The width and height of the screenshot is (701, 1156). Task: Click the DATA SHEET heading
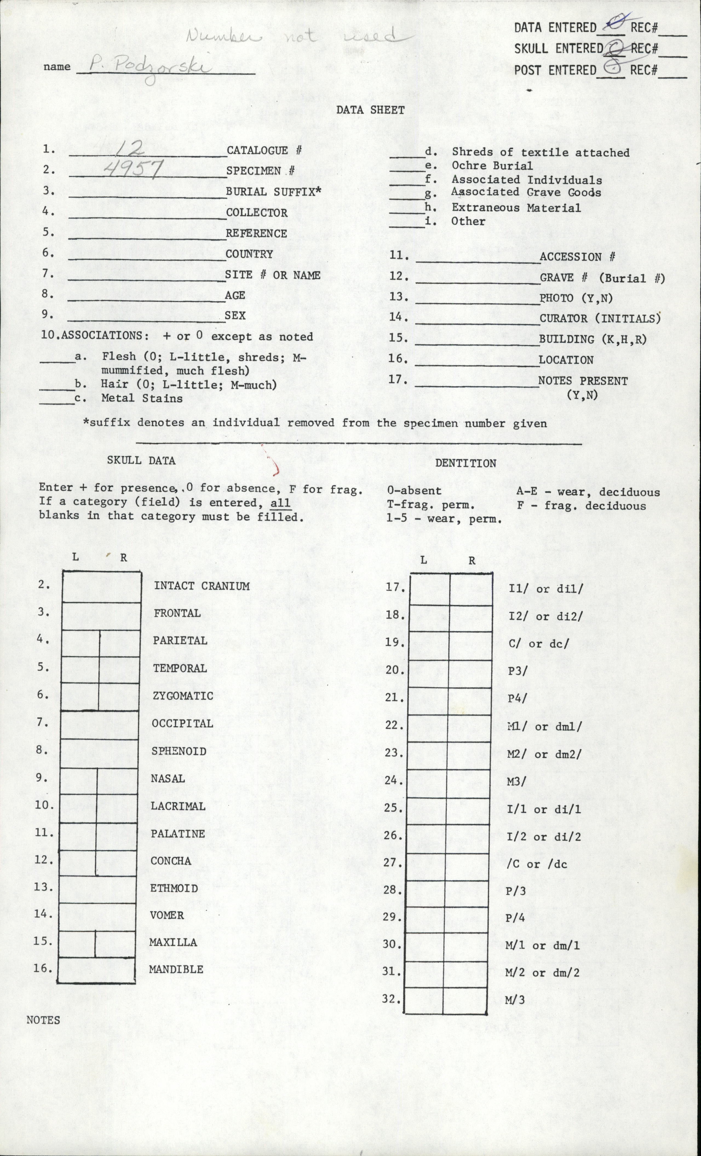click(x=370, y=110)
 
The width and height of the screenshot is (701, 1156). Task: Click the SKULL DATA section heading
click(x=141, y=460)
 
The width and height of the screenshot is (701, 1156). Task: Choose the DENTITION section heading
click(x=465, y=463)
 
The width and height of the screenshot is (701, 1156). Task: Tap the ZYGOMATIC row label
click(x=182, y=696)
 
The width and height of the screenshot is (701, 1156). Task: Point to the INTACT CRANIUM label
click(x=202, y=586)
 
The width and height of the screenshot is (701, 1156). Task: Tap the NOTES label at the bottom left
click(x=43, y=1020)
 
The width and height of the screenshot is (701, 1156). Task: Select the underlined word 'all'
click(x=281, y=502)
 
